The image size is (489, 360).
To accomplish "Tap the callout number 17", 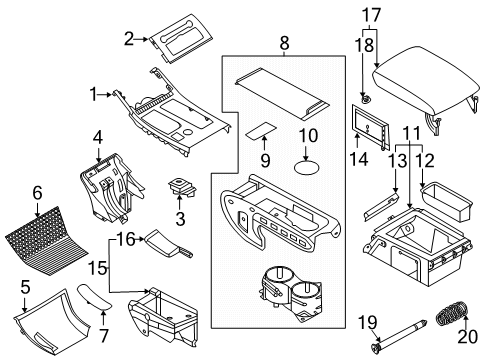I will click(x=371, y=15).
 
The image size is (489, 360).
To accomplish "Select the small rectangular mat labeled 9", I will click(x=264, y=130).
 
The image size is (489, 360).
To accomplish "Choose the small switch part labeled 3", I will click(x=181, y=186).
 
